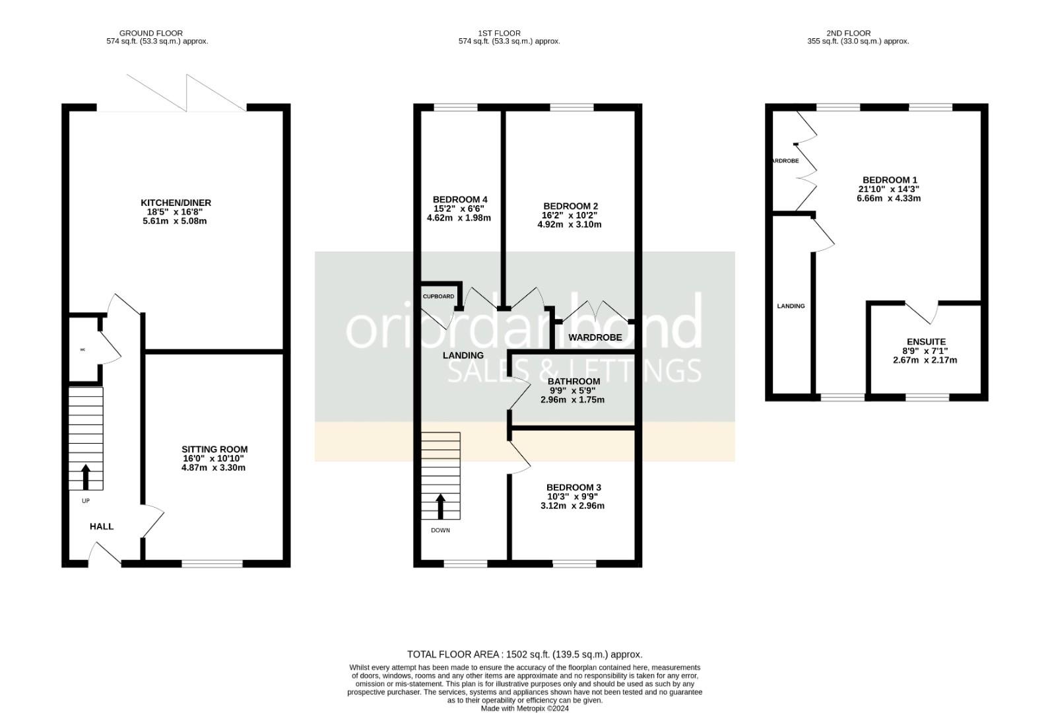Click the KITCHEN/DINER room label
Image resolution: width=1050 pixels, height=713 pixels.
pos(176,203)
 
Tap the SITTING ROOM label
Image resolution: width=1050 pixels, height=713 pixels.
pos(214,450)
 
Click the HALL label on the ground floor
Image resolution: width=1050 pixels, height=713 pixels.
pos(102,526)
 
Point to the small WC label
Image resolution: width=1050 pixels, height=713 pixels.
pos(82,350)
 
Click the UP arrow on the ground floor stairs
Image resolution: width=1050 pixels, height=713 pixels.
pos(86,475)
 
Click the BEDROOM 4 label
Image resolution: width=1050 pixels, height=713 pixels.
pos(460,199)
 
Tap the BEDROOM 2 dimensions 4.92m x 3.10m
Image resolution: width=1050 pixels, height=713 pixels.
pos(569,224)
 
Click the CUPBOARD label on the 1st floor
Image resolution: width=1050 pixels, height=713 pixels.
pos(438,296)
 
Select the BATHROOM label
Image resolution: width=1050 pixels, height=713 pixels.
pos(574,382)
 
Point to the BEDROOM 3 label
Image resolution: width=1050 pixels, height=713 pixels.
pos(574,487)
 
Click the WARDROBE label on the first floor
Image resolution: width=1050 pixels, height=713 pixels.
pos(595,337)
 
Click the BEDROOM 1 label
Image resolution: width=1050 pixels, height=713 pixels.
pos(890,180)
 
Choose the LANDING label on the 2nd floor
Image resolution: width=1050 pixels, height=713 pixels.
pos(791,306)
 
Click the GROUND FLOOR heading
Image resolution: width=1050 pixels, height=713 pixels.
pos(151,33)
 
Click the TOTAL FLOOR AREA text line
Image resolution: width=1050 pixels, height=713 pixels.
pos(525,654)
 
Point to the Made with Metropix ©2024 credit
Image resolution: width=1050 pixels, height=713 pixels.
pos(525,708)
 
